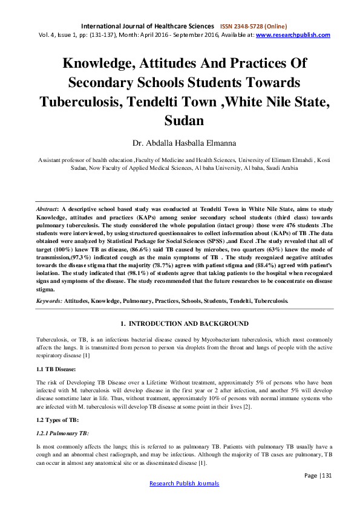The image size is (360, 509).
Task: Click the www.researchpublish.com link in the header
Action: (293, 35)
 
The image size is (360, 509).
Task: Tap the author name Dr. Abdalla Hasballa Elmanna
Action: (180, 143)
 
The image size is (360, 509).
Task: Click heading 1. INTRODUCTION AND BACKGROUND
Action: (180, 323)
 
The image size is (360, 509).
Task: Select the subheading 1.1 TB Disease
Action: (57, 366)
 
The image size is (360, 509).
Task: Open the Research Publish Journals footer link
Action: (180, 484)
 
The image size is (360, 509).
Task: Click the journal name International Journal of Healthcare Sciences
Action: (148, 27)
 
